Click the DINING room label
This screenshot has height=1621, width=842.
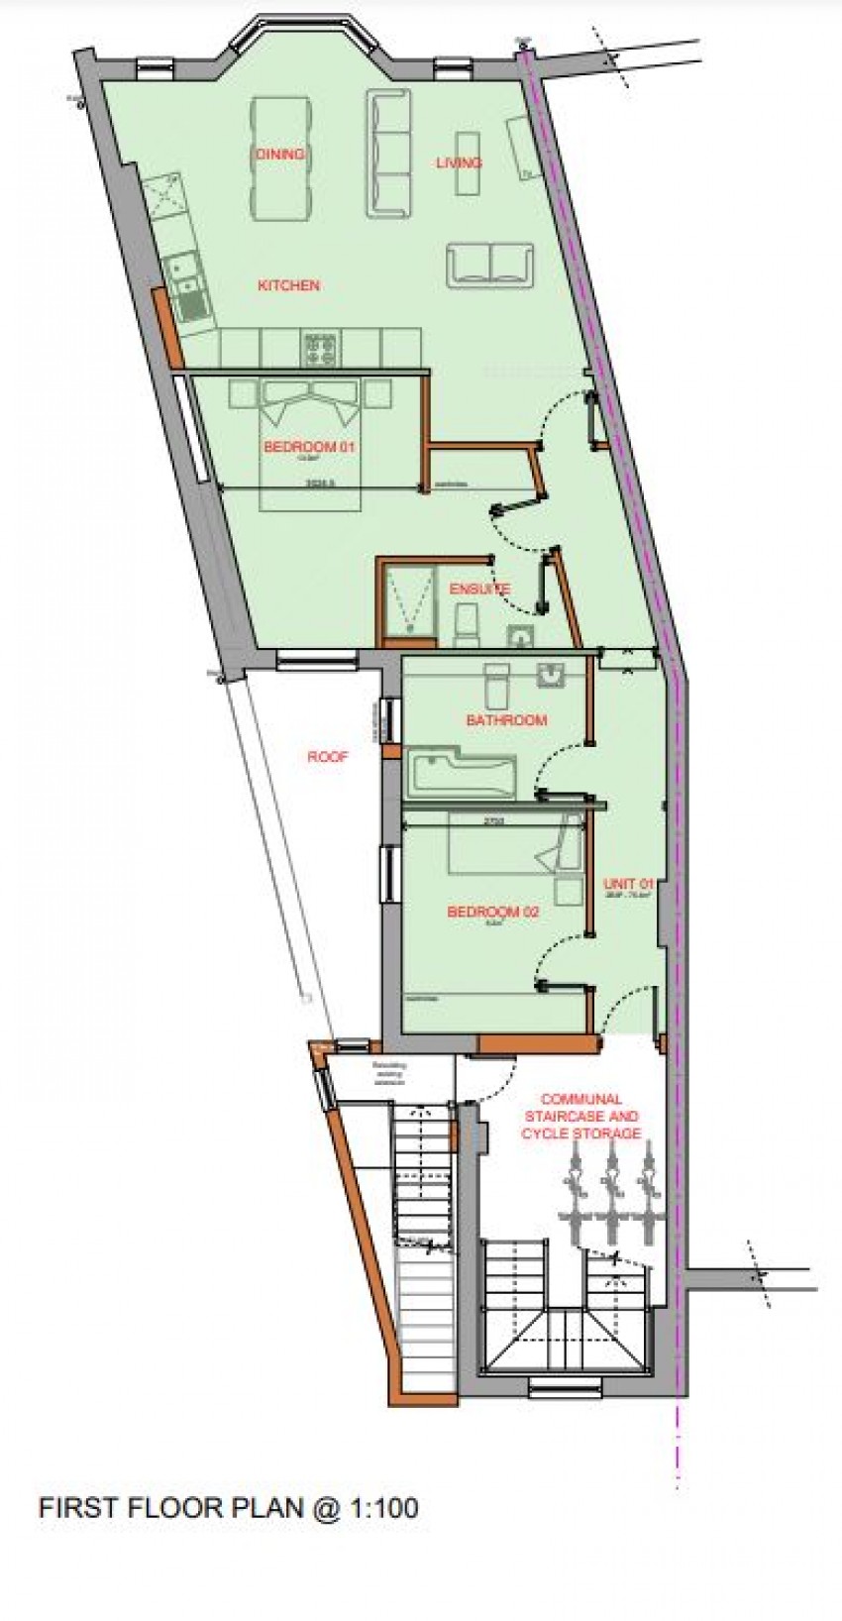279,155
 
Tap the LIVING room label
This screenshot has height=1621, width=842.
459,162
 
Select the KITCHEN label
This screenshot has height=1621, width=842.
288,285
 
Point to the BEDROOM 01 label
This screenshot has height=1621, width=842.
309,447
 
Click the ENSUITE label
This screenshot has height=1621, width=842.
479,589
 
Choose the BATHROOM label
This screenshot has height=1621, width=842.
506,720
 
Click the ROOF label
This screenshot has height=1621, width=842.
327,757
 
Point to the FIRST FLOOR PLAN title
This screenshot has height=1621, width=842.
227,1536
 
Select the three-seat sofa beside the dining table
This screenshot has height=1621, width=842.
389,154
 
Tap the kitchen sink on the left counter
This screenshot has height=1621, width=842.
184,279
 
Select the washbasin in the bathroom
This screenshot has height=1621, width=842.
551,678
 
